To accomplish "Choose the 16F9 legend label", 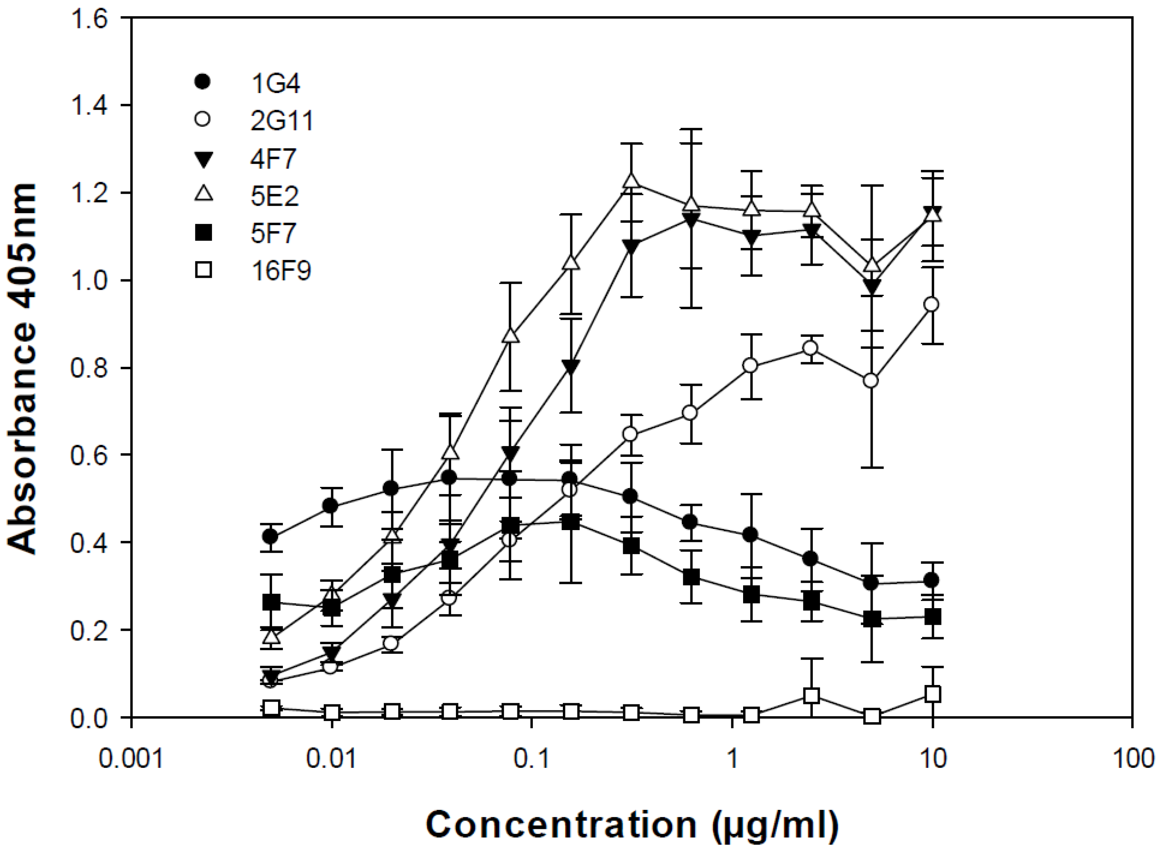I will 281,271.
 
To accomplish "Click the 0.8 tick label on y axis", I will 89,369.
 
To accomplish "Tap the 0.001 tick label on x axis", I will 131,759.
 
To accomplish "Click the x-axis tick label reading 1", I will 732,759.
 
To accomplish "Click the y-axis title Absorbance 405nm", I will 23,369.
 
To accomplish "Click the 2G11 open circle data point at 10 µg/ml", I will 932,305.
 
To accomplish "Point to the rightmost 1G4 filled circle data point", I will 932,580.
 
